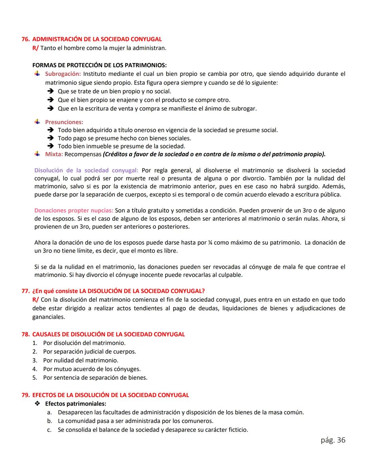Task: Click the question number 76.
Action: coord(25,39)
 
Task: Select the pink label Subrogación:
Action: coord(63,74)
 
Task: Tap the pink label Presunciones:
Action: coord(64,122)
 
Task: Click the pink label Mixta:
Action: coord(54,154)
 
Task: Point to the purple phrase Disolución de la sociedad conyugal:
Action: coord(86,170)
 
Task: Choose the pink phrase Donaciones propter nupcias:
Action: coord(74,210)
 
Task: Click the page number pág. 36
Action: coord(333,440)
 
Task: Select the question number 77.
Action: coord(25,291)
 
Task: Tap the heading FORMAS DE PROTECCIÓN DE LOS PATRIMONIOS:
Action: coord(99,65)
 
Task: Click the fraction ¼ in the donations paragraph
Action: coord(210,243)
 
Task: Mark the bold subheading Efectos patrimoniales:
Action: coord(75,404)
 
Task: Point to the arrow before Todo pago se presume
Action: coord(51,138)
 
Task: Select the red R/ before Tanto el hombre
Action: coord(35,48)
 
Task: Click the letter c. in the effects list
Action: coord(50,430)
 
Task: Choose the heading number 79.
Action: coord(25,395)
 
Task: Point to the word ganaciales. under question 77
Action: coord(49,317)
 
